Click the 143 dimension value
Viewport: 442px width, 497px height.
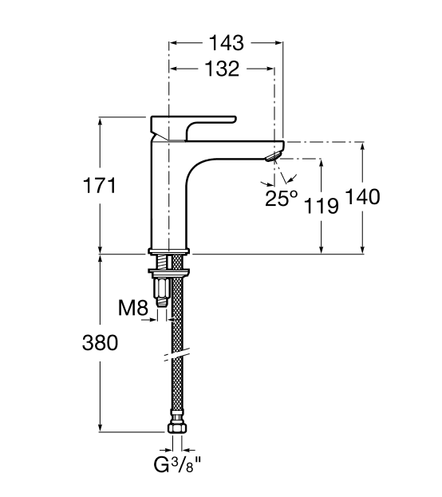coord(227,43)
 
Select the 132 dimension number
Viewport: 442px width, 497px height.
coord(222,69)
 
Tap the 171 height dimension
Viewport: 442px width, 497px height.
coord(100,185)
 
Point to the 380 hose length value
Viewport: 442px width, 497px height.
coord(101,343)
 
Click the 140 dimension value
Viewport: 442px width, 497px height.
coord(362,196)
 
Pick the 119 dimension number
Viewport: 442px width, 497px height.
coord(322,206)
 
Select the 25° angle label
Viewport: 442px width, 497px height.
coord(282,199)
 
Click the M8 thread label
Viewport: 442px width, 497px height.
coord(133,307)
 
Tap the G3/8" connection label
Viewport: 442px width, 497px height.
coord(177,466)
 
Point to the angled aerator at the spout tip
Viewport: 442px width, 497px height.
coord(273,156)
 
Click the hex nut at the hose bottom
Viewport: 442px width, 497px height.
coord(177,428)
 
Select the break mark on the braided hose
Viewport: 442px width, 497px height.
coord(177,355)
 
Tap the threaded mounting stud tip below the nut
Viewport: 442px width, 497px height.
coord(162,302)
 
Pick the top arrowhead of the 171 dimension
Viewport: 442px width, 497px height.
coord(101,120)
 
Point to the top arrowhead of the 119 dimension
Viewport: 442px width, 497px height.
coord(322,162)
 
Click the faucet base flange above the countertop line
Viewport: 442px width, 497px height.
coord(168,251)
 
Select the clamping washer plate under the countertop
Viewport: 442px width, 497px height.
coord(168,272)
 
